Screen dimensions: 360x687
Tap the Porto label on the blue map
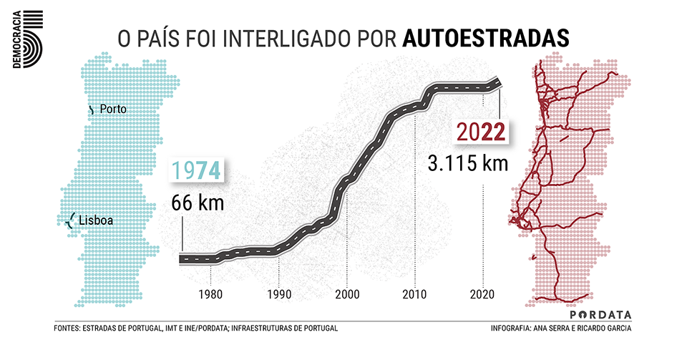pos(114,110)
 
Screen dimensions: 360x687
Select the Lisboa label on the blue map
pos(96,221)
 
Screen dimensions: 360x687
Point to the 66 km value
pos(198,203)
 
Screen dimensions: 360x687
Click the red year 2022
pos(481,132)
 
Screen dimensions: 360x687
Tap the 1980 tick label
pos(210,293)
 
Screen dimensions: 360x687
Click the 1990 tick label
pos(278,293)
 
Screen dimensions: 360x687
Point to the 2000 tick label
pos(347,293)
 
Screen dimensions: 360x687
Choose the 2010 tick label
pos(415,293)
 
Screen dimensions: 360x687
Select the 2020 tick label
pos(483,293)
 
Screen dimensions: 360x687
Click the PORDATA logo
pos(601,315)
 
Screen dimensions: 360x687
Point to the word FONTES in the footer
pos(67,329)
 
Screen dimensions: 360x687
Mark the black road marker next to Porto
pos(91,110)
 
